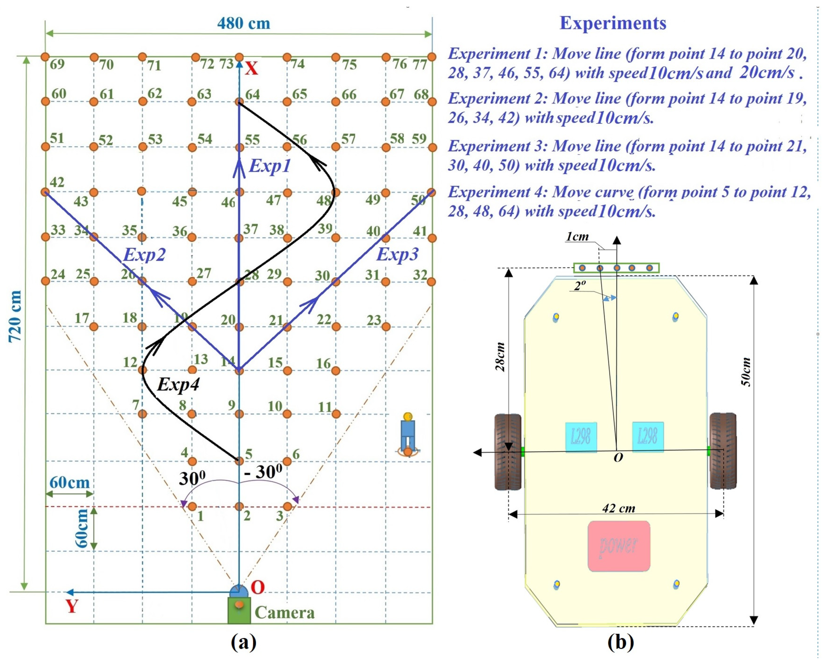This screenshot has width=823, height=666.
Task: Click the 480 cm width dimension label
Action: tap(244, 23)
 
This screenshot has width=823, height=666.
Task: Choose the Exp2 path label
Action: tap(144, 255)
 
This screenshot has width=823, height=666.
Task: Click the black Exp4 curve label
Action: tap(179, 384)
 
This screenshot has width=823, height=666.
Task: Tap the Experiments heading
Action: tap(612, 23)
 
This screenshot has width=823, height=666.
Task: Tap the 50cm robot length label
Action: tap(745, 371)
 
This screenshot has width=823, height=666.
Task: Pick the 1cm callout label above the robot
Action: tap(577, 237)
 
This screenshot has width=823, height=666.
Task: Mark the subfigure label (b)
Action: tap(621, 642)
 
